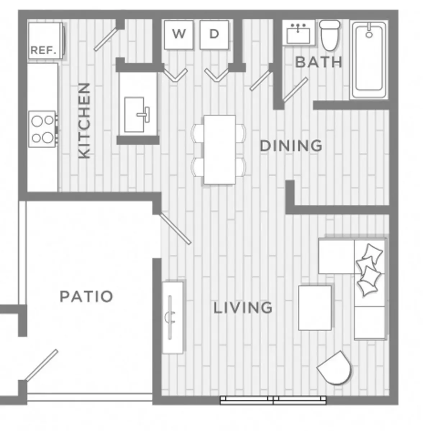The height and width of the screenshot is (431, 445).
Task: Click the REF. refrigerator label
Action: coord(43,50)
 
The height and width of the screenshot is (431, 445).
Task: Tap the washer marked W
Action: coord(179,35)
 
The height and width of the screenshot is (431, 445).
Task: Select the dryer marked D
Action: coord(214,35)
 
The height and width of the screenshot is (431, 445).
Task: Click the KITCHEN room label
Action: coord(84,120)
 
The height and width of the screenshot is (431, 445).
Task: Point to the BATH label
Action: coord(319,62)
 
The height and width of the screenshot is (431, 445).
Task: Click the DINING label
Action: coord(291,146)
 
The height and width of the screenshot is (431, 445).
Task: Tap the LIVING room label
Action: coord(243,307)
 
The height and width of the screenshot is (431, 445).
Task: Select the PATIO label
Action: coord(86,296)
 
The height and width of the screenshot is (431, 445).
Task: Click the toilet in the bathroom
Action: coord(330,36)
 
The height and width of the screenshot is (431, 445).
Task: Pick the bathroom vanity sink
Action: coord(298,33)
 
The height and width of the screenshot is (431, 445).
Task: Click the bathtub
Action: coord(369,60)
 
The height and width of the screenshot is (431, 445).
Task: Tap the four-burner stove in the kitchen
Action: coord(42,129)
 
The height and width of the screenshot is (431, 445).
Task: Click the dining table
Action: coord(220,150)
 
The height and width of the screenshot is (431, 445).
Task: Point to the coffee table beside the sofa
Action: coord(315,308)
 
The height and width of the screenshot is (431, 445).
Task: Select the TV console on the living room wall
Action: coord(173,318)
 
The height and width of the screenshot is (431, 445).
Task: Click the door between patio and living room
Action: coord(175,229)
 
